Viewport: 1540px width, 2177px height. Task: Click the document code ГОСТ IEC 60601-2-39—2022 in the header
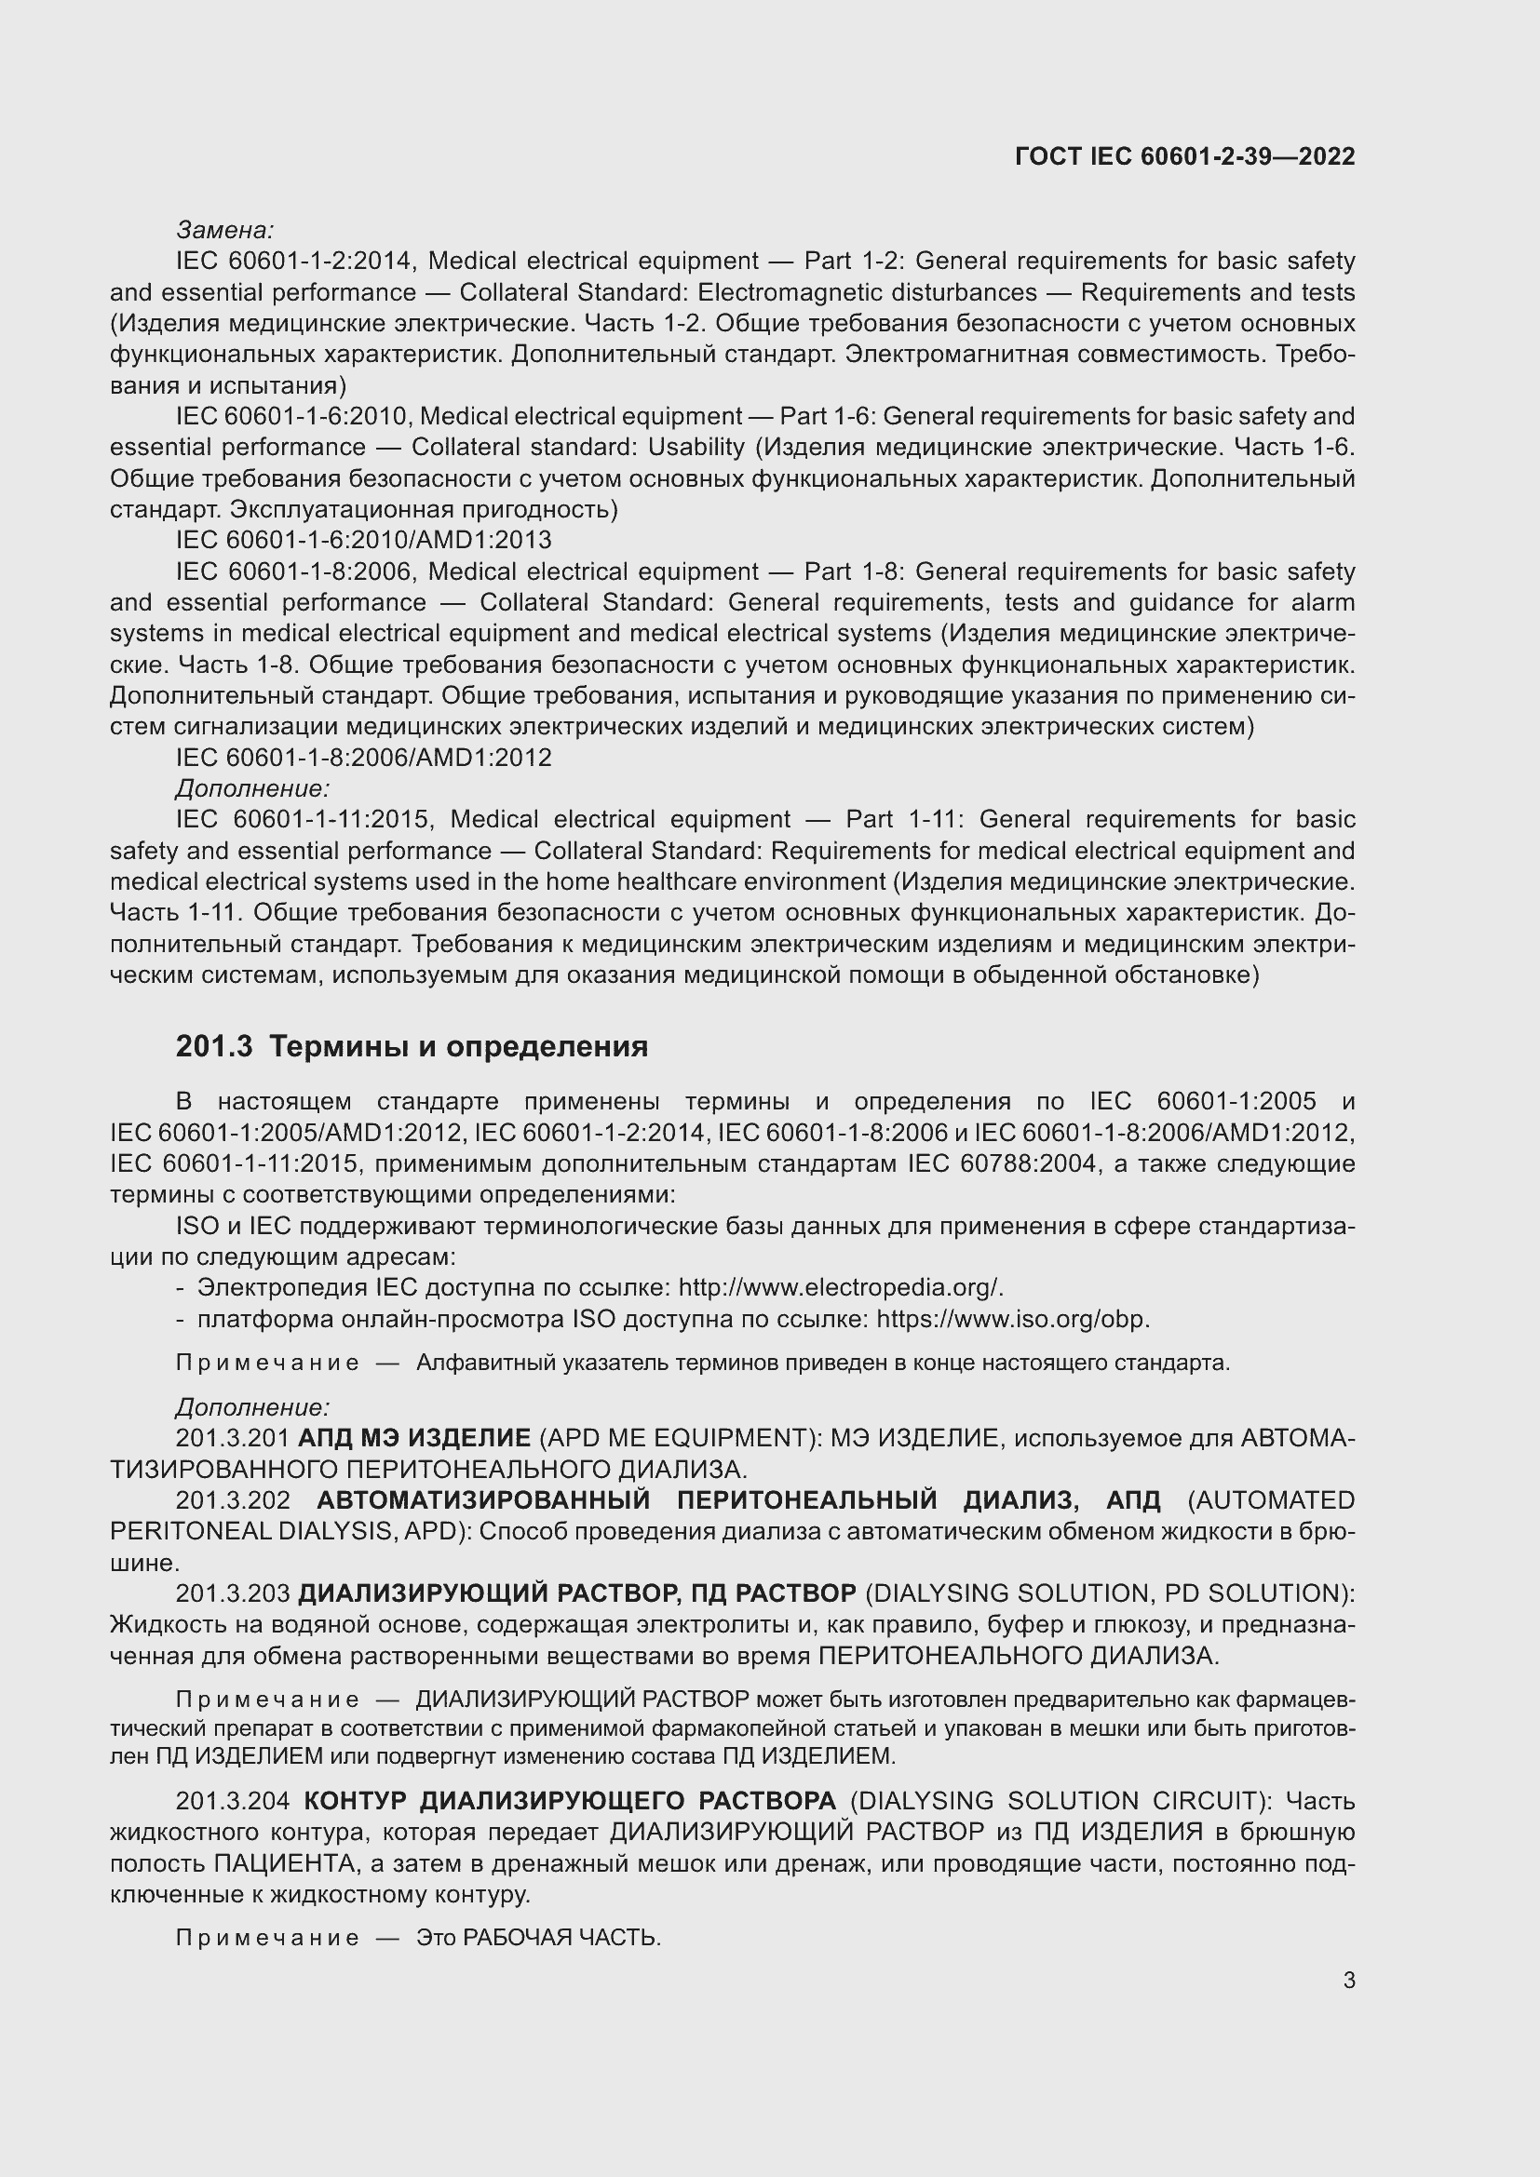tap(1184, 156)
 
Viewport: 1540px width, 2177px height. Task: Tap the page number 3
tap(1348, 1981)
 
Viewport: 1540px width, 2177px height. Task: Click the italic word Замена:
tap(224, 230)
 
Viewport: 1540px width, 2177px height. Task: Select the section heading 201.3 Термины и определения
tap(412, 1047)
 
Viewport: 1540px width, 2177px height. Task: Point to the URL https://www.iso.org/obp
tap(1013, 1319)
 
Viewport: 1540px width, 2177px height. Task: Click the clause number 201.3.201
tap(233, 1438)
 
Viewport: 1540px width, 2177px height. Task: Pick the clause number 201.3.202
tap(233, 1500)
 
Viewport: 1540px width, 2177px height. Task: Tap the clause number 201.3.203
tap(233, 1592)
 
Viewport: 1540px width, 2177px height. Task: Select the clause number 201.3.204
tap(233, 1801)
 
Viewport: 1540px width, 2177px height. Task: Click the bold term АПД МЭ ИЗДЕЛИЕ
tap(414, 1438)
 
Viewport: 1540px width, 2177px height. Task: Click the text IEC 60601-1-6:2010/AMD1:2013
tap(363, 541)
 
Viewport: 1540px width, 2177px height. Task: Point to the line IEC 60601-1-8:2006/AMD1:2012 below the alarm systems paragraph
tap(363, 758)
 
